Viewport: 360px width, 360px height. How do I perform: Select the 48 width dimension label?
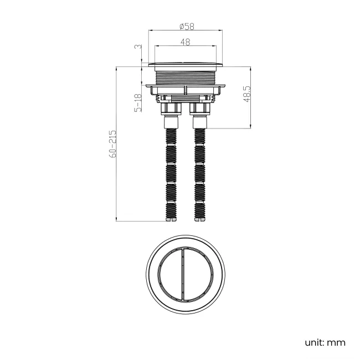tap(184, 42)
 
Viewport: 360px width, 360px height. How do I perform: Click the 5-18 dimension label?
tap(138, 103)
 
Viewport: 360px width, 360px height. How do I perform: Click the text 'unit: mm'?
tap(325, 342)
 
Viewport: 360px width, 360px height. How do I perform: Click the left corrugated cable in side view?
tap(171, 172)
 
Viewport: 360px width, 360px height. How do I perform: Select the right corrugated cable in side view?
tap(199, 172)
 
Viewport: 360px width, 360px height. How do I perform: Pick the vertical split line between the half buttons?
tap(183, 275)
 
